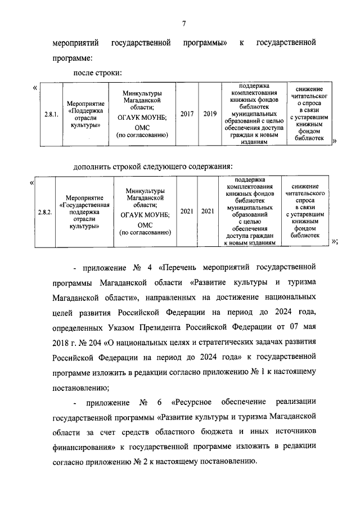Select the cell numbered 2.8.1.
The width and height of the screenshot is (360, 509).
51,114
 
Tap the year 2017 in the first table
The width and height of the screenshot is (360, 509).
187,114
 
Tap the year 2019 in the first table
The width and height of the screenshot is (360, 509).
210,114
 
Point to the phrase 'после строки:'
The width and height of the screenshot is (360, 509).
98,73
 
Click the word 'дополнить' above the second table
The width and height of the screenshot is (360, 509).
94,166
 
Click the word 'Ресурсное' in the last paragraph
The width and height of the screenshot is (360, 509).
193,402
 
